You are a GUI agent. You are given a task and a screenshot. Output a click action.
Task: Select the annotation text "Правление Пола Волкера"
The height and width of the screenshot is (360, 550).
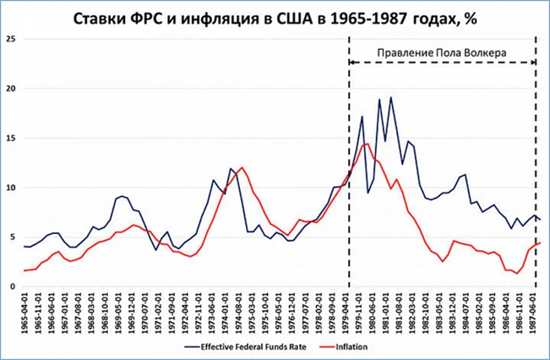pyautogui.click(x=441, y=52)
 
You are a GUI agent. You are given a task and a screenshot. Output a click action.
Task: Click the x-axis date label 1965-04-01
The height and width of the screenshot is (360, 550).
pyautogui.click(x=28, y=312)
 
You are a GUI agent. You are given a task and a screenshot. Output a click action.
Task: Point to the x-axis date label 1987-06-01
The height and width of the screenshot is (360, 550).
pyautogui.click(x=533, y=312)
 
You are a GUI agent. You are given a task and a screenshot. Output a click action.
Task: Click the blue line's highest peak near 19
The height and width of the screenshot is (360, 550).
pyautogui.click(x=390, y=97)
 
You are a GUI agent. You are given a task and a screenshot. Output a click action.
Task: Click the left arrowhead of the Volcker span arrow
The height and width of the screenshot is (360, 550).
pyautogui.click(x=350, y=62)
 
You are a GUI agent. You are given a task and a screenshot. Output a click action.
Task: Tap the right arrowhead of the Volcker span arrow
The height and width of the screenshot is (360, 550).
pyautogui.click(x=536, y=62)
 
